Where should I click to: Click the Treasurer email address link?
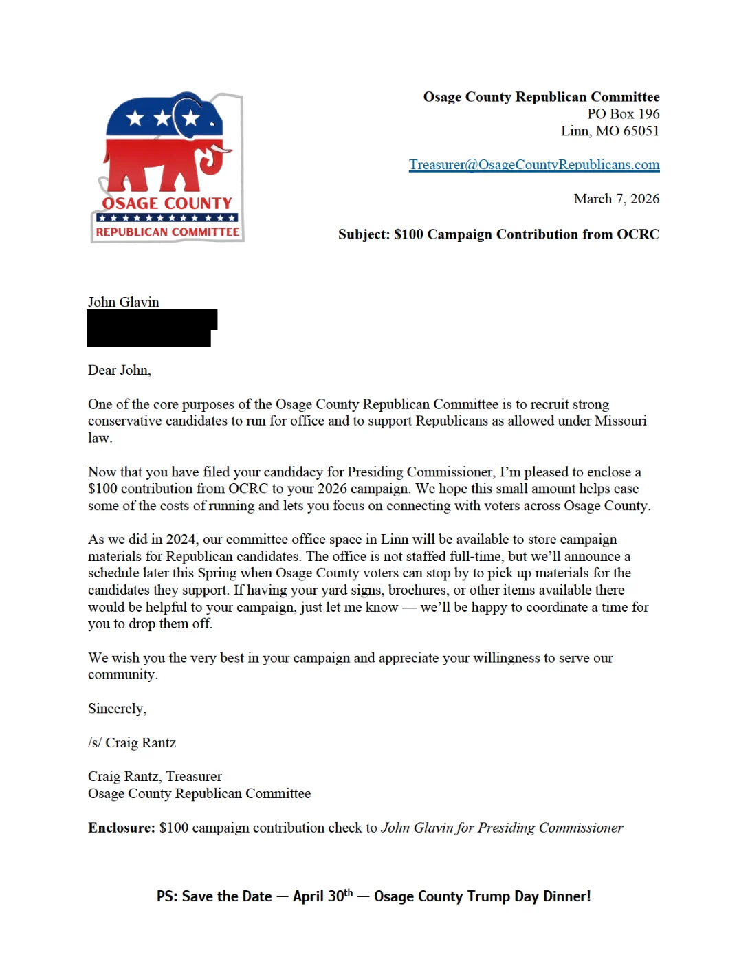(534, 165)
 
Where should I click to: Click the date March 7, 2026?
(616, 199)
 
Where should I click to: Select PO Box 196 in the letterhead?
(623, 114)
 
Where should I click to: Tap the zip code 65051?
(641, 131)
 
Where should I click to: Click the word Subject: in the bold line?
(364, 234)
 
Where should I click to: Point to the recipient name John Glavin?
(124, 302)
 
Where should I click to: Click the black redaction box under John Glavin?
(151, 328)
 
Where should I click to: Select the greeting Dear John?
(120, 370)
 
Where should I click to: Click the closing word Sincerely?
(117, 709)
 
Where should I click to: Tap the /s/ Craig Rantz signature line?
(132, 742)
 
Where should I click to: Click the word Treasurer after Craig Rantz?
(194, 777)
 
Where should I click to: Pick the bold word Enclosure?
(122, 828)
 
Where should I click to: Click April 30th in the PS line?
(322, 896)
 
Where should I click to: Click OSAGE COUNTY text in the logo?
(167, 203)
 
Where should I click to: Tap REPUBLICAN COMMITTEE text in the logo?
(168, 232)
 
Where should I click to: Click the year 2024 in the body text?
(181, 540)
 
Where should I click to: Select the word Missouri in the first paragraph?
(620, 421)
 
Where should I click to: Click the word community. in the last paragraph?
(123, 674)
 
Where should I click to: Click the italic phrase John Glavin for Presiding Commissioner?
(502, 828)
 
